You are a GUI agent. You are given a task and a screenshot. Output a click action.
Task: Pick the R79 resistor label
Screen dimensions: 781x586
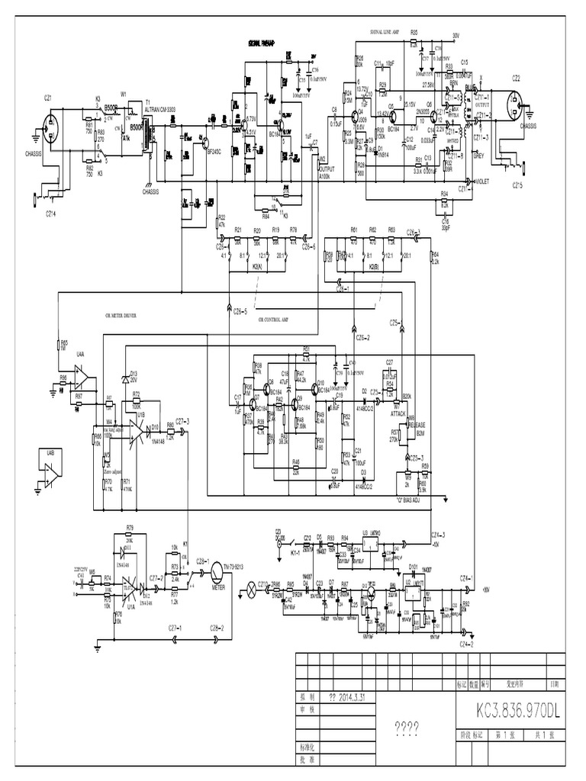click(130, 527)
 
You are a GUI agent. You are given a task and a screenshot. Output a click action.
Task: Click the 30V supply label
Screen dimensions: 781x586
click(456, 35)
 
